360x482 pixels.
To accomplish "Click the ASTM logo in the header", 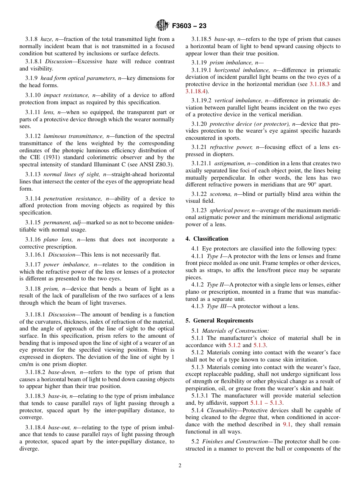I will (x=162, y=26).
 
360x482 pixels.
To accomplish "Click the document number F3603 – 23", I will (x=189, y=26).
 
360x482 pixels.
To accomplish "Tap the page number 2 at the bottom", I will (x=180, y=466).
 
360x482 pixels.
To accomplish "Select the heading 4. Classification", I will (x=207, y=239).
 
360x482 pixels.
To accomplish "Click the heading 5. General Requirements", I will (x=219, y=321).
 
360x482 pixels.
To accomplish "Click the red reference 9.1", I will (x=287, y=425).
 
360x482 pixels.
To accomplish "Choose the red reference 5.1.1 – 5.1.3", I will (x=266, y=403).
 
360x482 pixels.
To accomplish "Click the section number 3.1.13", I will (x=33, y=175).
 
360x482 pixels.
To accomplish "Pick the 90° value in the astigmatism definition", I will (x=301, y=185).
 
